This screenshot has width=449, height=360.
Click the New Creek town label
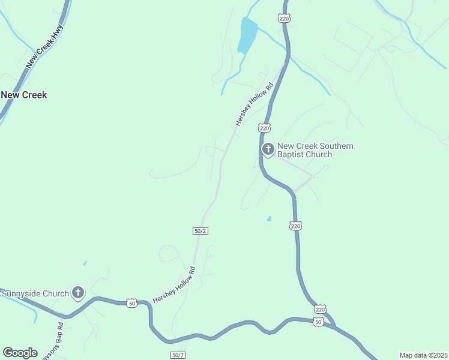click(x=24, y=95)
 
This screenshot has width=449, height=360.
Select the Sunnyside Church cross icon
click(x=77, y=293)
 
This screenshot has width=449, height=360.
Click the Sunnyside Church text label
click(x=35, y=293)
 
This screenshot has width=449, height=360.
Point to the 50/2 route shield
click(x=200, y=231)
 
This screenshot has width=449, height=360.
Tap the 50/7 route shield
click(x=178, y=355)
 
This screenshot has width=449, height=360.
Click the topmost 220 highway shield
click(x=285, y=19)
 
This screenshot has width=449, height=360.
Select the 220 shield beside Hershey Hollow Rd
click(x=265, y=128)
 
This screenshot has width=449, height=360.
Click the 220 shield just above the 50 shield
click(x=320, y=309)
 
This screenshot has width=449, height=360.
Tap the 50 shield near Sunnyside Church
click(x=132, y=304)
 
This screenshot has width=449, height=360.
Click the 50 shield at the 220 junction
click(x=319, y=322)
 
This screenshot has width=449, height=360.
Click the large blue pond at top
click(x=247, y=35)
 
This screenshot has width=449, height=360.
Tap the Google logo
click(x=20, y=353)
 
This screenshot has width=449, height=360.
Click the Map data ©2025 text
click(x=423, y=355)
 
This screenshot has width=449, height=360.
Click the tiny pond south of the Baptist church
click(x=269, y=218)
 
